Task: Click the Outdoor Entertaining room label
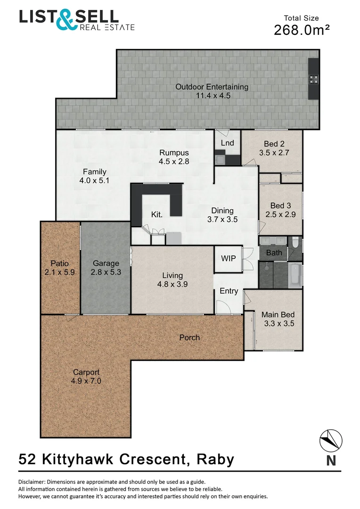pos(212,87)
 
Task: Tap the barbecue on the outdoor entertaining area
pos(313,79)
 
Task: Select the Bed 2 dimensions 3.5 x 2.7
pos(274,153)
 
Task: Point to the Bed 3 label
pos(277,205)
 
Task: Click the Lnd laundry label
pos(227,143)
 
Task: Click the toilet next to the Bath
pos(295,242)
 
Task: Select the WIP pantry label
pos(228,259)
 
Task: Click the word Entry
pos(229,291)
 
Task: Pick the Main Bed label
pos(274,314)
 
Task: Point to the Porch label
pos(189,337)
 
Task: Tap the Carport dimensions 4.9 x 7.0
pos(86,381)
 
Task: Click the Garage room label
pos(106,263)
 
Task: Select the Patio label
pos(60,263)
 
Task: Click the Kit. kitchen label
pos(157,214)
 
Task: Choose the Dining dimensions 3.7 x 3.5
pos(222,219)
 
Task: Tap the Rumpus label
pos(174,153)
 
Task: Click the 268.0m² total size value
pos(302,30)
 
